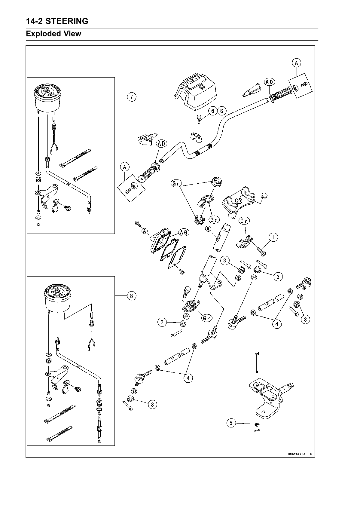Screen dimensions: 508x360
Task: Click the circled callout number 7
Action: tap(131, 97)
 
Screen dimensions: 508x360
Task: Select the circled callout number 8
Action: tap(131, 296)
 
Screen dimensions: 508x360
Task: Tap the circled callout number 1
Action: tap(273, 237)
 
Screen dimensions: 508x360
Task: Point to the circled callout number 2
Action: tap(162, 323)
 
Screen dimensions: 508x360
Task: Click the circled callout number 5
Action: tap(231, 423)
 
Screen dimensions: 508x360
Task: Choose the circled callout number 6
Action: tap(213, 111)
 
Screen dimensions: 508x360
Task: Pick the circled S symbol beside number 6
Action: tap(222, 111)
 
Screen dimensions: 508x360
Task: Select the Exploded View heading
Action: tap(53, 34)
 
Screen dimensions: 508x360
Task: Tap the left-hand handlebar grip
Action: tap(148, 171)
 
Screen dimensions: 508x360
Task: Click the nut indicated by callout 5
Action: tap(257, 424)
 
